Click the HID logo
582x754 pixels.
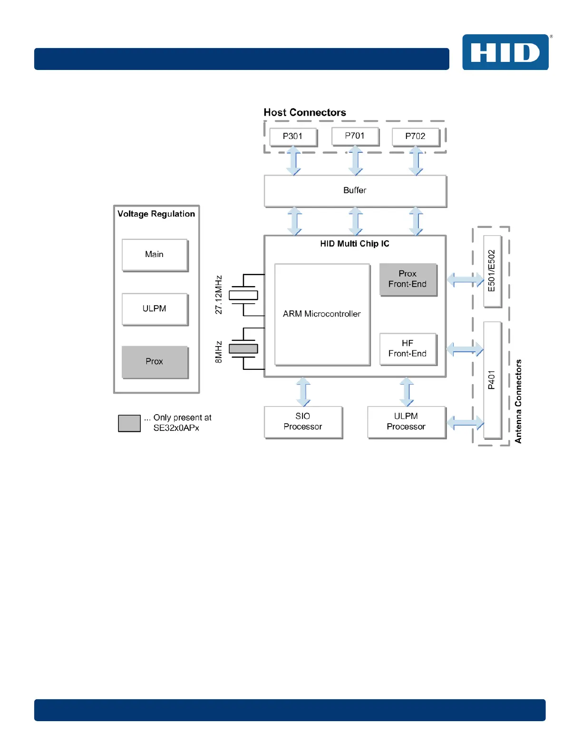click(505, 52)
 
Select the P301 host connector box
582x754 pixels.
click(293, 137)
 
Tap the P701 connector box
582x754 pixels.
click(355, 136)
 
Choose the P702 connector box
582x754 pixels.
click(415, 137)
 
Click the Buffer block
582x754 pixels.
click(355, 190)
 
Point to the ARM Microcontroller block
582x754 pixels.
click(322, 314)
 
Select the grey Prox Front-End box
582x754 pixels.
click(407, 279)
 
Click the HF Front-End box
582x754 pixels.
click(407, 349)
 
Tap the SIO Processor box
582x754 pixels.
click(303, 422)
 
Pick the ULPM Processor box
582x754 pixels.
click(406, 422)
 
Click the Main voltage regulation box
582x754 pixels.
click(155, 255)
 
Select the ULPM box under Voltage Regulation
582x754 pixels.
click(155, 309)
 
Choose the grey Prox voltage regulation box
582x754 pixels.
click(155, 362)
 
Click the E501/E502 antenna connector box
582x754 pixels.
click(492, 271)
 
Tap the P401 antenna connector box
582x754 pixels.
click(492, 380)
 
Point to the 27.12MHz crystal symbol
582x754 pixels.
click(243, 296)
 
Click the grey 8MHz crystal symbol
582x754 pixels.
click(243, 349)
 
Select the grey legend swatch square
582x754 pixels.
click(129, 423)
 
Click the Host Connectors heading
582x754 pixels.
click(305, 112)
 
